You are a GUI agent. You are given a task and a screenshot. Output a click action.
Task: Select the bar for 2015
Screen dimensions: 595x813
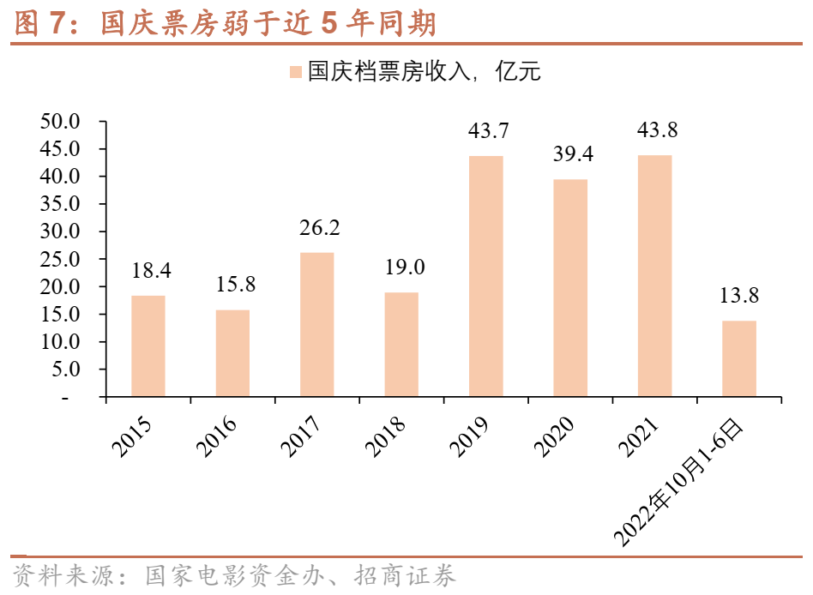click(x=148, y=346)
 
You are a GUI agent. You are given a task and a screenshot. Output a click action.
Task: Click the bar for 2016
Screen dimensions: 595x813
click(x=232, y=353)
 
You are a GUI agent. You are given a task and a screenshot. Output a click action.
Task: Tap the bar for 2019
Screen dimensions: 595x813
click(x=485, y=276)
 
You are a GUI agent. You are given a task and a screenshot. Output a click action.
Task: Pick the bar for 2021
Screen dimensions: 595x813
click(x=654, y=276)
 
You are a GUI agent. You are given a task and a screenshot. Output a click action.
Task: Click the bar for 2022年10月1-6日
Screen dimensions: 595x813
click(x=739, y=358)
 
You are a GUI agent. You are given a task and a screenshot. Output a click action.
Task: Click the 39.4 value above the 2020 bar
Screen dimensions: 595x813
click(x=570, y=154)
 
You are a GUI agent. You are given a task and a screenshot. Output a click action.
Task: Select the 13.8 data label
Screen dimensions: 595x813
click(x=739, y=296)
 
